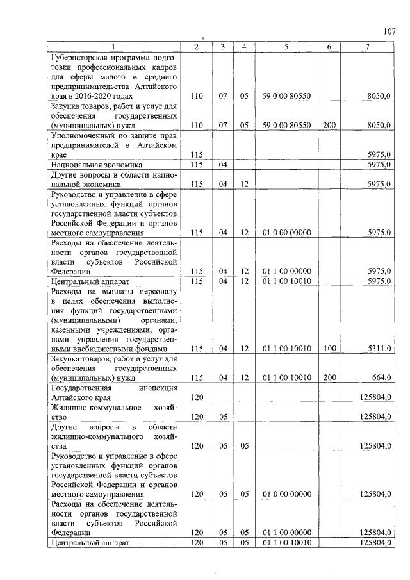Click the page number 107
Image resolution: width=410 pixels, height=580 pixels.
point(390,31)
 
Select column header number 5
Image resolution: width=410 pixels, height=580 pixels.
point(286,47)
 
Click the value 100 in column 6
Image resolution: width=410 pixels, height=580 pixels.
point(329,349)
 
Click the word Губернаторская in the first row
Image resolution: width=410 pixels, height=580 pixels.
point(81,57)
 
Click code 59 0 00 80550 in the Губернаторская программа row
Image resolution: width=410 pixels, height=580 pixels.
point(286,96)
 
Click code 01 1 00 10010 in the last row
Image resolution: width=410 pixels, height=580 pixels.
point(286,543)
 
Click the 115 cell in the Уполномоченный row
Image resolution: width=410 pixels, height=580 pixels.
point(197,155)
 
